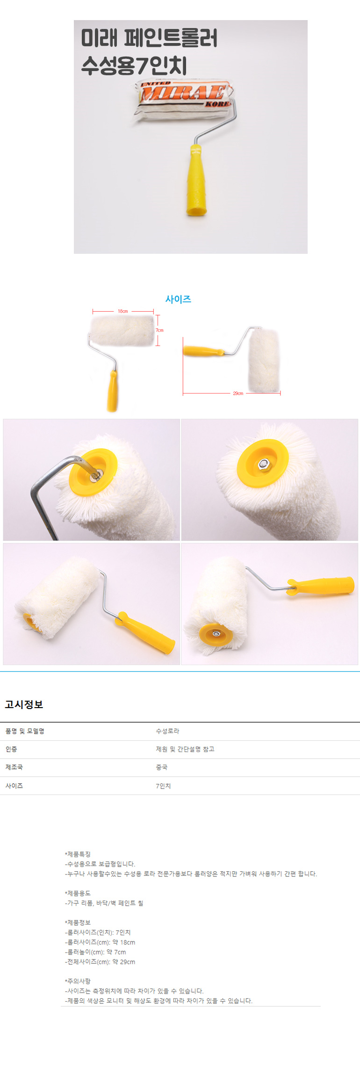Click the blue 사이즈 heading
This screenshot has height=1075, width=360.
tap(178, 299)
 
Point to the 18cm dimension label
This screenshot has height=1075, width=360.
tap(123, 311)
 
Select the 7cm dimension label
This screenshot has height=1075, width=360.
tap(160, 330)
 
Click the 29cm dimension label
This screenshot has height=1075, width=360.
tap(238, 394)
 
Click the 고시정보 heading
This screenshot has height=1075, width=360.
tap(24, 704)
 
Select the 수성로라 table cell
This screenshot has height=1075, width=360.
tap(167, 731)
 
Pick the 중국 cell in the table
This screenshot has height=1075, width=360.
tap(161, 767)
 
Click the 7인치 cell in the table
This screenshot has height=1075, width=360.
tap(163, 786)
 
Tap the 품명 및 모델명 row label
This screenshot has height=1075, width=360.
tap(25, 731)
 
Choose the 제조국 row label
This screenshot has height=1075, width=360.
tap(14, 767)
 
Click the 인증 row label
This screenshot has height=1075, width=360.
tap(11, 749)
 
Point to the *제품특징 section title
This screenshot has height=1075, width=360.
tap(78, 854)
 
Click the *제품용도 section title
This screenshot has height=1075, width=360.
tap(78, 893)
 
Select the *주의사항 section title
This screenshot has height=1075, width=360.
tap(78, 981)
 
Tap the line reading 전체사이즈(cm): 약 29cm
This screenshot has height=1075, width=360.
tap(100, 962)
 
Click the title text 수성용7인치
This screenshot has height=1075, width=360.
tap(134, 65)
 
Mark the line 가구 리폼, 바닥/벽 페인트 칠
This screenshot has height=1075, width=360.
tap(104, 903)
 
